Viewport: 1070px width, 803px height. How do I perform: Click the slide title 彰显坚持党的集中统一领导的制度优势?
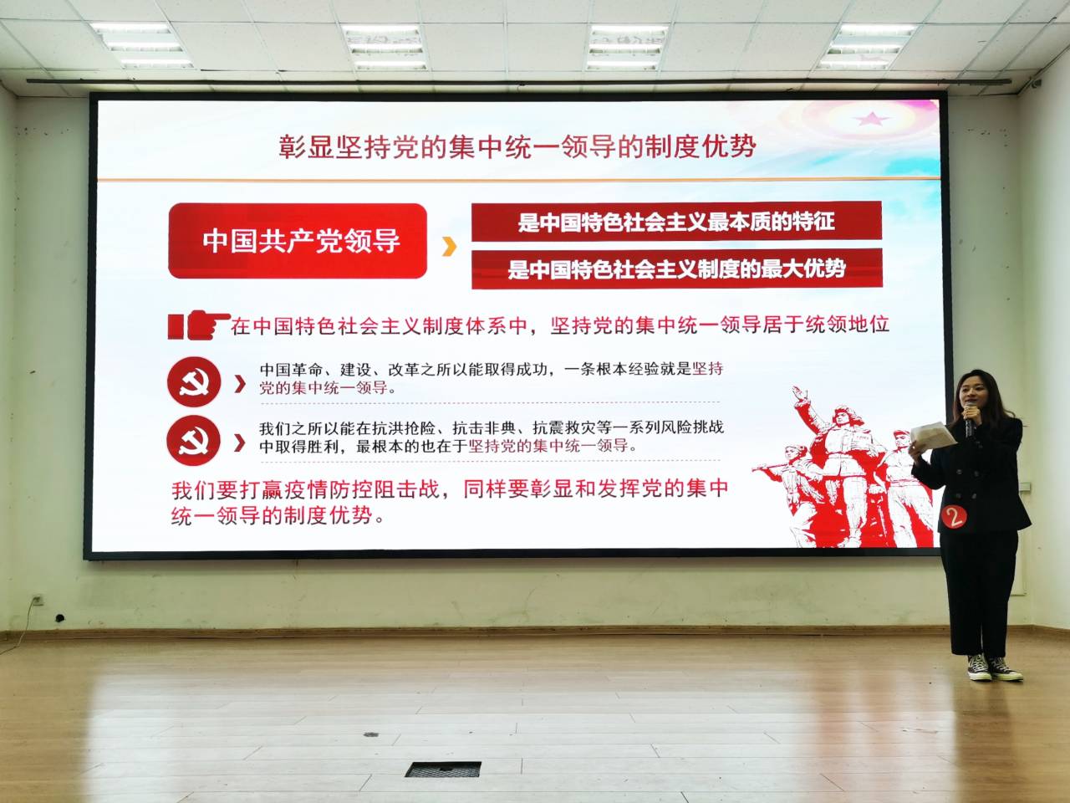[517, 146]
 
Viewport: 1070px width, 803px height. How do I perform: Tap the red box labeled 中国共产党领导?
[298, 241]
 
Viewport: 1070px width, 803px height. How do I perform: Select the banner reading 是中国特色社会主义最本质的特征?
[676, 222]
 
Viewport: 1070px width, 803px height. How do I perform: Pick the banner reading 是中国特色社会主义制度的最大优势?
[676, 269]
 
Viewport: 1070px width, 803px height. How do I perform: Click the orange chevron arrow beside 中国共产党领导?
[450, 246]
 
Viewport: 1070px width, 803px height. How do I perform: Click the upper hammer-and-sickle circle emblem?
[194, 381]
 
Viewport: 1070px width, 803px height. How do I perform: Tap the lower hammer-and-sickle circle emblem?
[193, 441]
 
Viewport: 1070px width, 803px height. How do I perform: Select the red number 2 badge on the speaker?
[954, 516]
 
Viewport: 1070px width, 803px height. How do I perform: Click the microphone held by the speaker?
[969, 419]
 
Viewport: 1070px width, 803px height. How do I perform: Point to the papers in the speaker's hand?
[932, 434]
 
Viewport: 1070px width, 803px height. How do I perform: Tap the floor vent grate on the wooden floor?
[442, 769]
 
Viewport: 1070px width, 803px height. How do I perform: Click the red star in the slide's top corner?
[872, 119]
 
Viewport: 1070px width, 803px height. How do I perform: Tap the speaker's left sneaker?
[979, 667]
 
